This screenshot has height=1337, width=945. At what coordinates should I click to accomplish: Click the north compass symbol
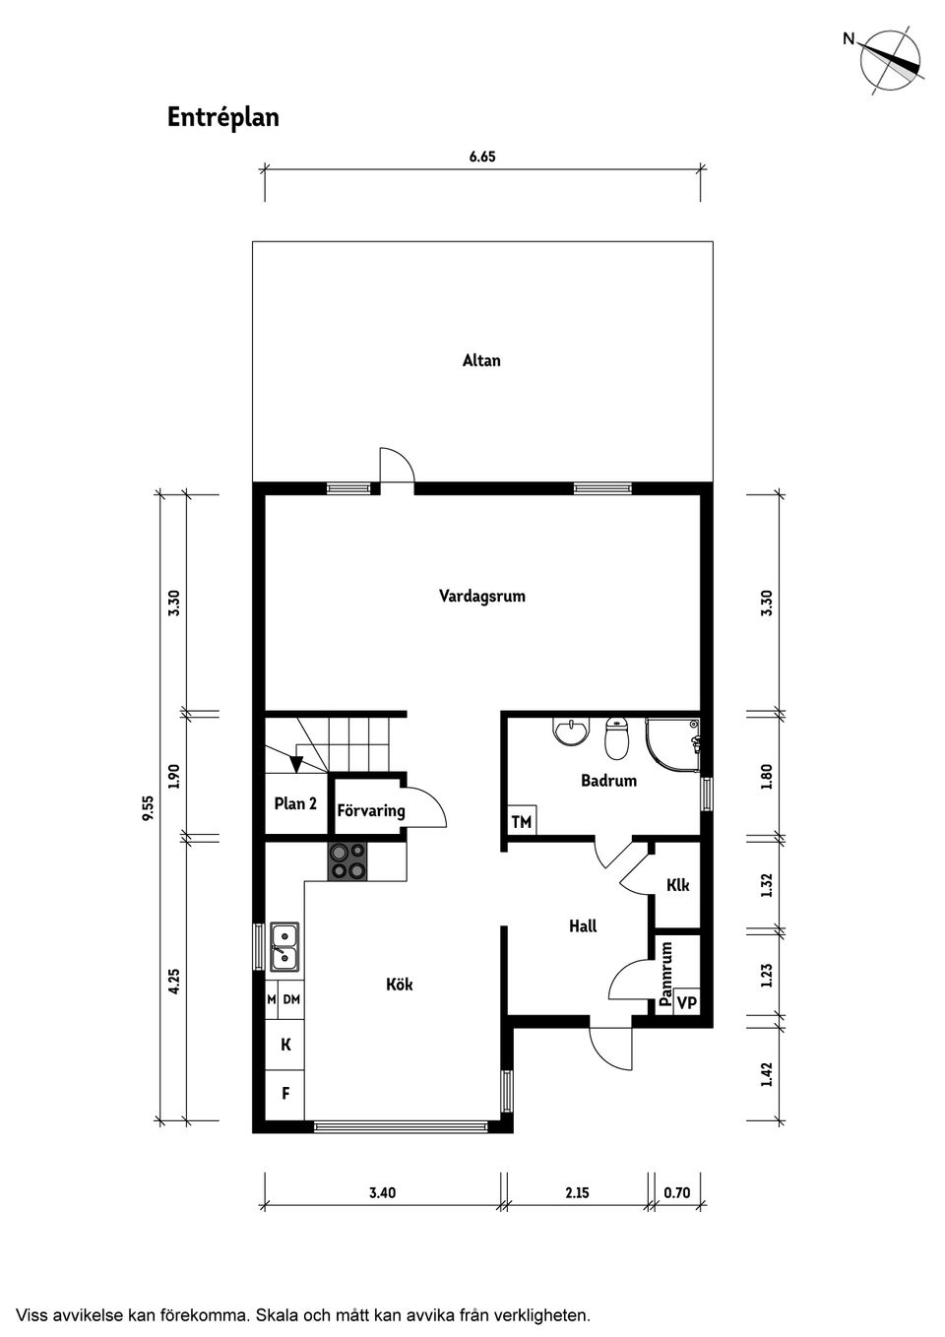(x=890, y=62)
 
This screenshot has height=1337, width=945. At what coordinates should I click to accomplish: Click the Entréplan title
(x=223, y=117)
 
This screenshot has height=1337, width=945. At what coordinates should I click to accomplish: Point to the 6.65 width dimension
(x=482, y=156)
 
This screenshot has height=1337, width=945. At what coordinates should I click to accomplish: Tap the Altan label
(x=481, y=360)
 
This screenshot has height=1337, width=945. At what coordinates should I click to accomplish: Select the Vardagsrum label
(x=481, y=596)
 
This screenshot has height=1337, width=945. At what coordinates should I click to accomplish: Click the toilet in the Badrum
(x=617, y=738)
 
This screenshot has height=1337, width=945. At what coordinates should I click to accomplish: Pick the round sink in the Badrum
(x=570, y=732)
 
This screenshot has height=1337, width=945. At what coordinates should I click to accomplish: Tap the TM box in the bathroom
(x=521, y=821)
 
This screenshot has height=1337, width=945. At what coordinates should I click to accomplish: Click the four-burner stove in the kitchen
(x=347, y=861)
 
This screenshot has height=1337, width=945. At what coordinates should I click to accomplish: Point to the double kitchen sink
(x=285, y=946)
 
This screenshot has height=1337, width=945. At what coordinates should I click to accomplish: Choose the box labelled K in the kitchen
(x=285, y=1045)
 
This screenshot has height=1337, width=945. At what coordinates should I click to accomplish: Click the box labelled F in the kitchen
(x=285, y=1093)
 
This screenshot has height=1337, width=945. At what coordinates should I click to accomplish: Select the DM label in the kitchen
(x=291, y=999)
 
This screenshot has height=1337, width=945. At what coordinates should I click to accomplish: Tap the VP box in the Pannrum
(x=687, y=1003)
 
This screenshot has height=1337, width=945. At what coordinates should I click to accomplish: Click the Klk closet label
(x=677, y=885)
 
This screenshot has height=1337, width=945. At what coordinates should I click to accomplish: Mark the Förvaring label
(x=371, y=811)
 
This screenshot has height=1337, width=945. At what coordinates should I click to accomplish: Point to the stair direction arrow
(x=295, y=763)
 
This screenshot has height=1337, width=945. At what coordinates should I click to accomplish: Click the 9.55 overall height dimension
(x=149, y=807)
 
